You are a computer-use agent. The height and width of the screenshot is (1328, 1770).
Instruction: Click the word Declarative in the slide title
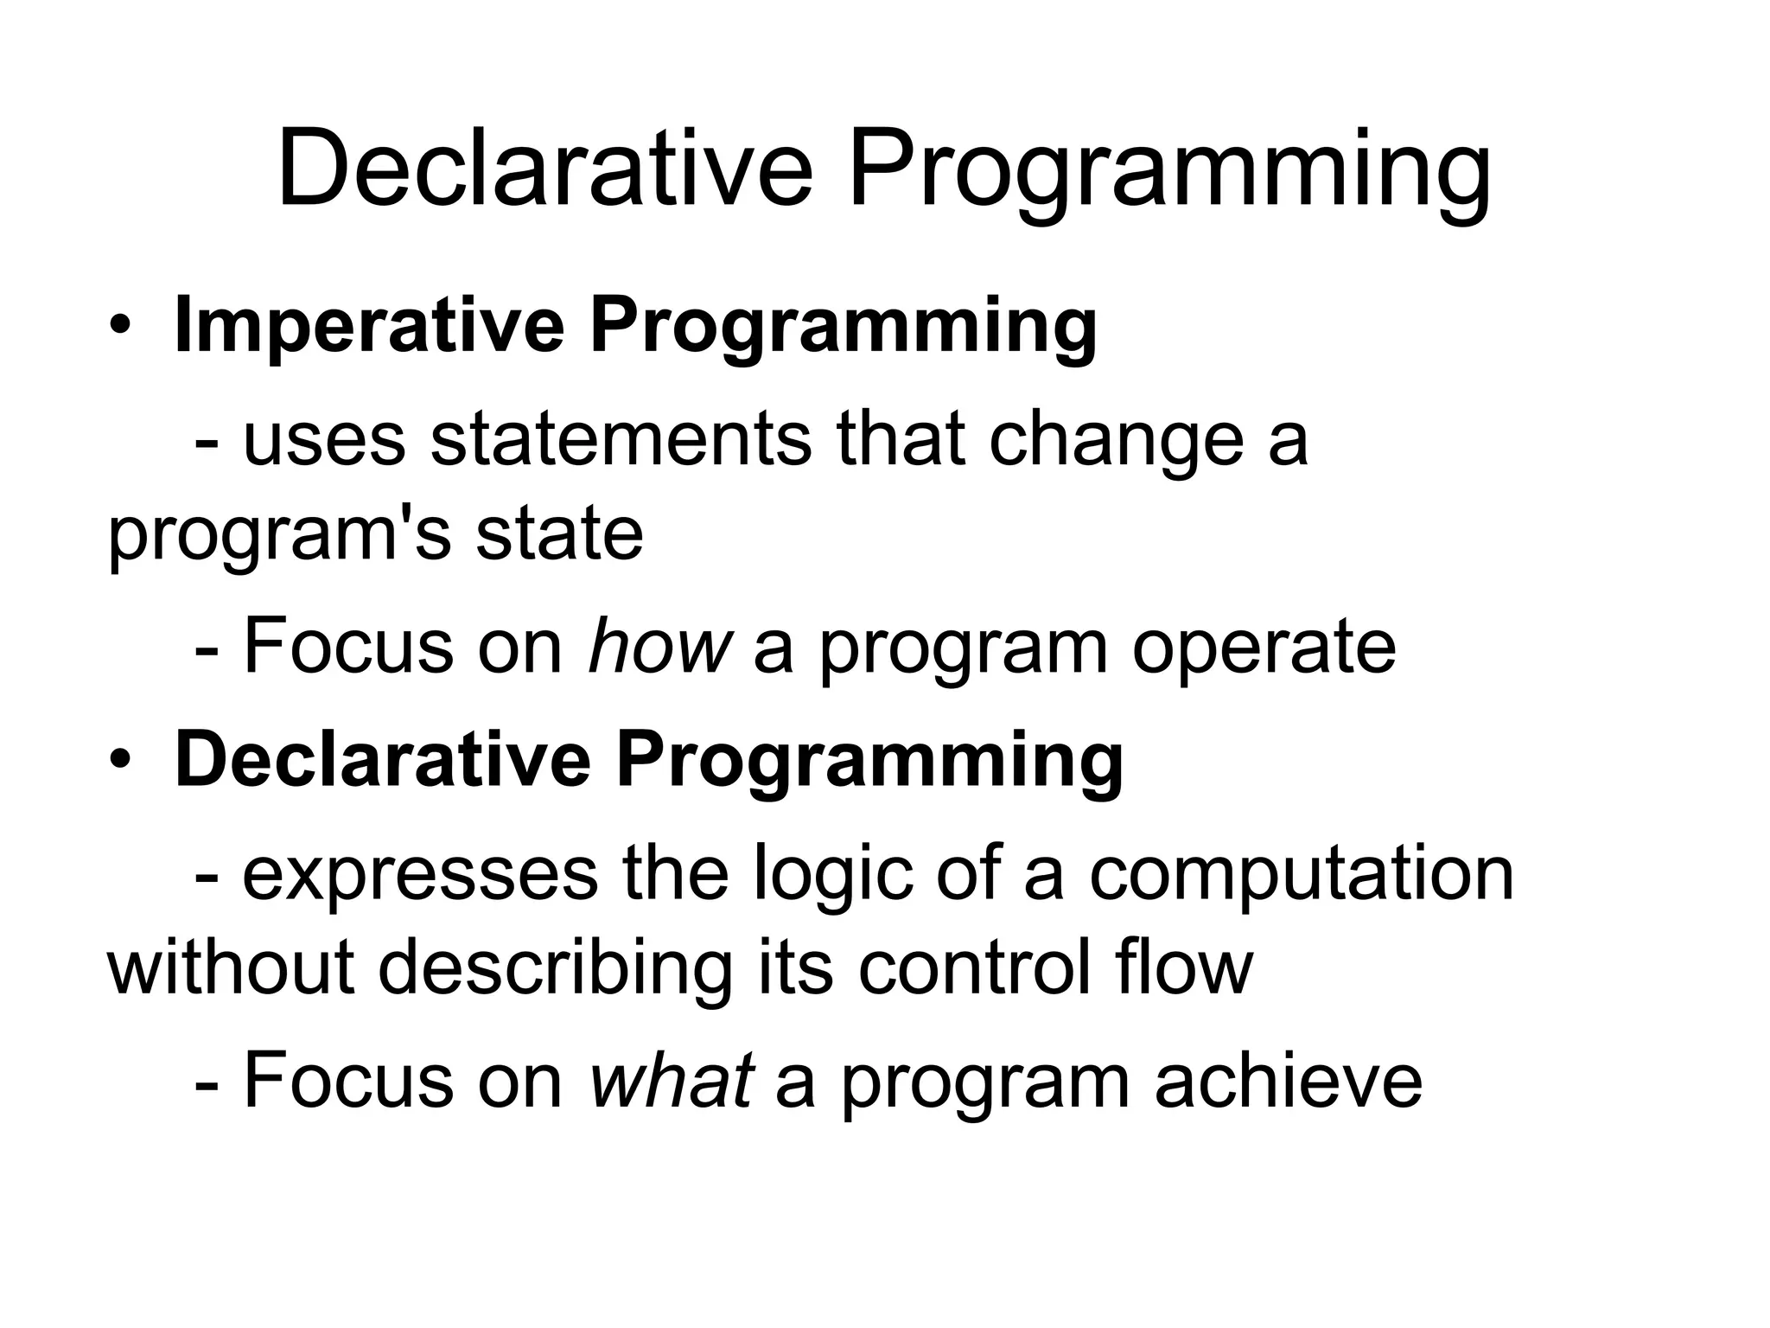[x=544, y=169]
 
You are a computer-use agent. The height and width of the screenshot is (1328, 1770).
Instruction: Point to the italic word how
[x=659, y=646]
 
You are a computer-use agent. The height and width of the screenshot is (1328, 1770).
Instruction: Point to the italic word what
[x=671, y=1080]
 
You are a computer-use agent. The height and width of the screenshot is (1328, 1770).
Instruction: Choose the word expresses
[x=420, y=876]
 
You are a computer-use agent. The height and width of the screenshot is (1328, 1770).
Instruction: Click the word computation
[x=1301, y=876]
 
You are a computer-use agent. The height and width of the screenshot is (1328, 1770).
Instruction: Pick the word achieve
[x=1289, y=1080]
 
